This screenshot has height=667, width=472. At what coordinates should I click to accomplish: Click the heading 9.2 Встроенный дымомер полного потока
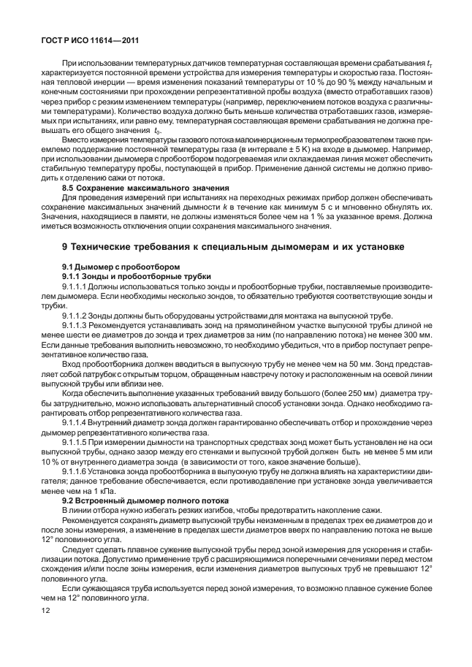click(145, 500)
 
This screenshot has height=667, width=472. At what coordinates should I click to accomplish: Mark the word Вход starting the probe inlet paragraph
click(72, 363)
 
